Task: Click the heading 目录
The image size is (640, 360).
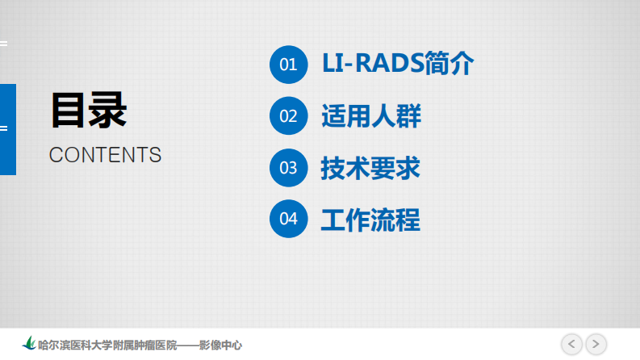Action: [x=89, y=110]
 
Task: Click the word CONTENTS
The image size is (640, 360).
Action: [x=105, y=155]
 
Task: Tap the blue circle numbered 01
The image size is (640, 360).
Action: [x=289, y=64]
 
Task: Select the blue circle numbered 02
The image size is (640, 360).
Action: [x=289, y=116]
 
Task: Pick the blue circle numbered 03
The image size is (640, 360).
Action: [x=289, y=168]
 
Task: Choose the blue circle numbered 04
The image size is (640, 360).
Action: [x=289, y=219]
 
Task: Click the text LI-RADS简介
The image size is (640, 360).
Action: [x=397, y=64]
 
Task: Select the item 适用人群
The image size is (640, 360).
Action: [x=370, y=116]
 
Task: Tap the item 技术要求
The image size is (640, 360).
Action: [x=370, y=168]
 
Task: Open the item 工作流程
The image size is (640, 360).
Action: [x=370, y=219]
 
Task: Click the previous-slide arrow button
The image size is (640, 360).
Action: [x=571, y=344]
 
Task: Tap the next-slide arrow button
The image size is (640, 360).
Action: [x=596, y=344]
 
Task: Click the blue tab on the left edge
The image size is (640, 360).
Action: [x=7, y=129]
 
